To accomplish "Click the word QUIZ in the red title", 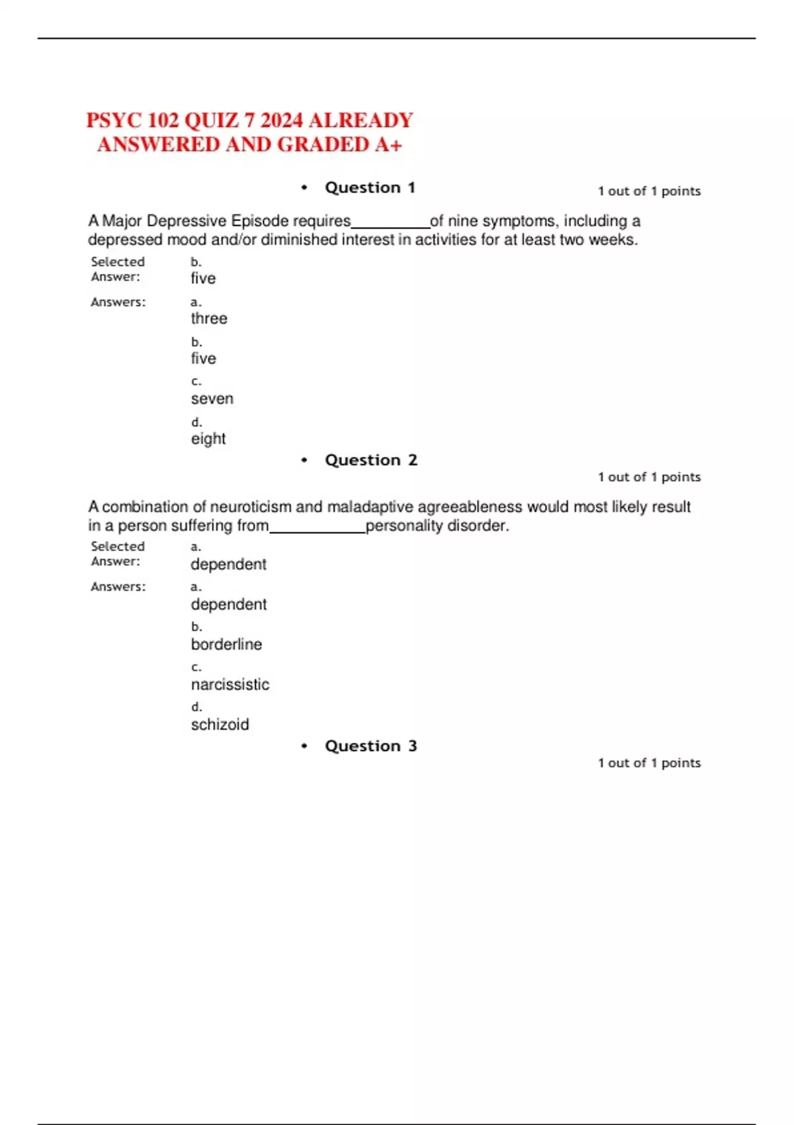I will point(211,120).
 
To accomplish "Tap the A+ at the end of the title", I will point(388,144).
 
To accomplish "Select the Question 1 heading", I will point(370,188).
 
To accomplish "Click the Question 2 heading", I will point(371,461).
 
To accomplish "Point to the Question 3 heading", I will point(371,746).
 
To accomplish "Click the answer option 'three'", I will point(209,318).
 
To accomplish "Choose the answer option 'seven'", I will point(212,398).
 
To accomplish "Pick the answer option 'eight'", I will point(208,439).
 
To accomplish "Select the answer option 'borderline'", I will point(226,645).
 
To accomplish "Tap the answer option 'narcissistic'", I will point(230,684).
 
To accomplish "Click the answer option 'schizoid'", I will point(220,725).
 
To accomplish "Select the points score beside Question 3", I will point(649,763).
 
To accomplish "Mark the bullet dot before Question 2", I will point(304,461).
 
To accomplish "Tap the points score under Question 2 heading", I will point(649,477).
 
